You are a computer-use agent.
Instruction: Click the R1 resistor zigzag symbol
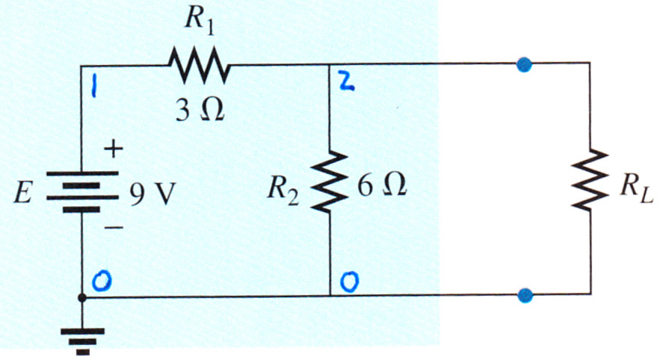point(199,64)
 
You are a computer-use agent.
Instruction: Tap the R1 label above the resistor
point(199,19)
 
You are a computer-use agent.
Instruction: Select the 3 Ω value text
point(200,111)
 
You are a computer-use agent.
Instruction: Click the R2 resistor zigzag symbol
point(330,181)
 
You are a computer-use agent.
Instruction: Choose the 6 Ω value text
point(382,185)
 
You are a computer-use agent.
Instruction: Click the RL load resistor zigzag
point(589,179)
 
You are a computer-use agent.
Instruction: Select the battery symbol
point(82,191)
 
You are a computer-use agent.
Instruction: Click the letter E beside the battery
point(23,194)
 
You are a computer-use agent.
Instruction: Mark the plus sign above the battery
point(113,149)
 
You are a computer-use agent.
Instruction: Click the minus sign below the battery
point(113,228)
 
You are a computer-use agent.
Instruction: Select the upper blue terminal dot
point(524,64)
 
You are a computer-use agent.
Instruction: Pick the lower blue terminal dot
point(525,295)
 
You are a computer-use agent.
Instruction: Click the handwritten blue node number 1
point(94,89)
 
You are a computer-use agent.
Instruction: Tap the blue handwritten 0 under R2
point(350,282)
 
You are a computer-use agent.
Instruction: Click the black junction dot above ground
point(82,298)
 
